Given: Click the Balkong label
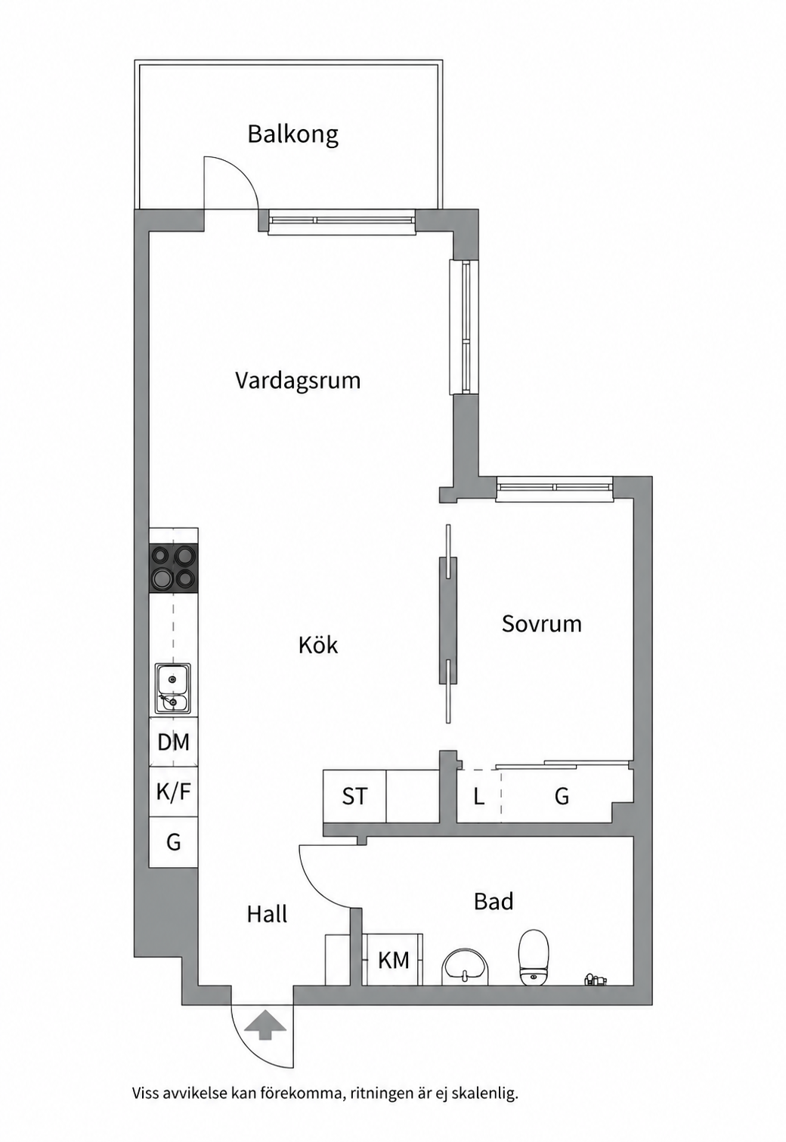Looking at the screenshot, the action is (292, 134).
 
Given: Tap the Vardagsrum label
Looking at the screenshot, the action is (298, 381).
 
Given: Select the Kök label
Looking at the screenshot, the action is (317, 645).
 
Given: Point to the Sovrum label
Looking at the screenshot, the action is (542, 624).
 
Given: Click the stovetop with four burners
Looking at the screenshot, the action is (173, 568).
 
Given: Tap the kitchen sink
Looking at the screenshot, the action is (173, 689).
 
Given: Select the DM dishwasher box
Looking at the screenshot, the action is (173, 742).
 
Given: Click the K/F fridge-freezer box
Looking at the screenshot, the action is (173, 792).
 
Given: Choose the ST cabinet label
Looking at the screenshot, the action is (354, 796).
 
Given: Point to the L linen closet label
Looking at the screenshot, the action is (478, 796).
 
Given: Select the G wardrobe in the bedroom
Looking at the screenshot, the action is (561, 796).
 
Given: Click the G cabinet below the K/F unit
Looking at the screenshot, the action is (173, 841).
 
